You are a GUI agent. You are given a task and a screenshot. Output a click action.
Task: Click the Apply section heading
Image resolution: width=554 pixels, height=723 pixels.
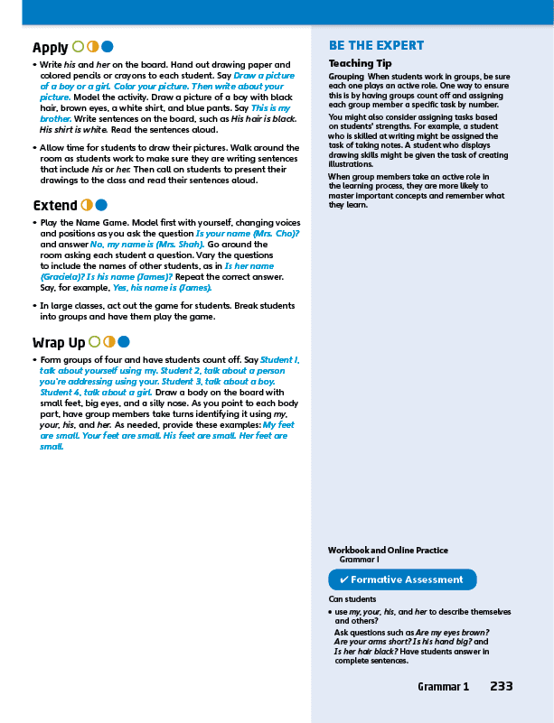tap(51, 48)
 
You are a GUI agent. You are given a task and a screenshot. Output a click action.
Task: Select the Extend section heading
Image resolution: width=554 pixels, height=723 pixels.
tap(54, 206)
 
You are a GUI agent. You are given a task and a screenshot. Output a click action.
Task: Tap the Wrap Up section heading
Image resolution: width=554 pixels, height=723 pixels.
tap(59, 342)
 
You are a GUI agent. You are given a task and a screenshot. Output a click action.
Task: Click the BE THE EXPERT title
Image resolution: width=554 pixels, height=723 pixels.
tap(376, 46)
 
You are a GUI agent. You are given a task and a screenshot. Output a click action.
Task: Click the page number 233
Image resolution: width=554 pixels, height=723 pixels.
tap(502, 686)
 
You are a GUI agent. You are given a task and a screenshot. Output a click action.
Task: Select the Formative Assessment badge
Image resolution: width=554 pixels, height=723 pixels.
tap(401, 579)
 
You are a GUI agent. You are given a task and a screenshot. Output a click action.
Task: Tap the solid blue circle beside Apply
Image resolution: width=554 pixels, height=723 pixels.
tap(108, 47)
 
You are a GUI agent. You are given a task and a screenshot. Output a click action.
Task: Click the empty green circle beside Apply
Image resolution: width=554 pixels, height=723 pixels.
tap(79, 47)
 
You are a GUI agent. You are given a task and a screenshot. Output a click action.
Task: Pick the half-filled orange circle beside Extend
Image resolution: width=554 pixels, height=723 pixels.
tap(88, 205)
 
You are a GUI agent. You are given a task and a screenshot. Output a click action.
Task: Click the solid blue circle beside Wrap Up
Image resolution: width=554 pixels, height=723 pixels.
tap(124, 341)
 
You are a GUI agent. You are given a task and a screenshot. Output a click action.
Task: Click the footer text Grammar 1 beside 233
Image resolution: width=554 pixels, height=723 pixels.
tap(443, 687)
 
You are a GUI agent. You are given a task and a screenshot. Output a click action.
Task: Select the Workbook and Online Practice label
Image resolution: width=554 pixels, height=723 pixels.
tap(388, 550)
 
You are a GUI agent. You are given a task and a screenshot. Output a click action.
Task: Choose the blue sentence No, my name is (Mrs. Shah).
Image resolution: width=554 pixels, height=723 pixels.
tap(147, 245)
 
